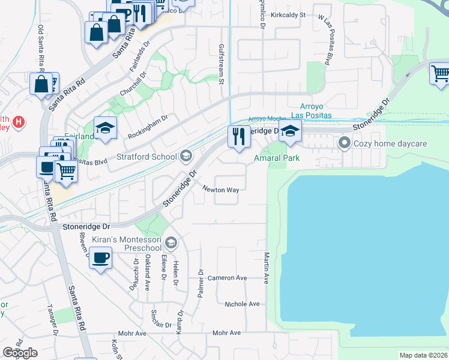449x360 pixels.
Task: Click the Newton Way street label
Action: coord(220,190)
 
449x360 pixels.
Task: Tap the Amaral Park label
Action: coord(276,158)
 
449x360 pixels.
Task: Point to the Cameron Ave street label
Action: coord(228,278)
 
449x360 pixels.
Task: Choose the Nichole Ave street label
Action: coord(241,304)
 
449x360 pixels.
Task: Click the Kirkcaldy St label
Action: coord(288,14)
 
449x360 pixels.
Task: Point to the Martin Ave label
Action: coord(266,267)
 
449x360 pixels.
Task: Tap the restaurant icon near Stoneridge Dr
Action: coord(239,137)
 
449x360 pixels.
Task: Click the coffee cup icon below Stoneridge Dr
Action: coord(100,258)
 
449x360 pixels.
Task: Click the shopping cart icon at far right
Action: coord(440,74)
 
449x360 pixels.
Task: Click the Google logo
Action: coord(20,353)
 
